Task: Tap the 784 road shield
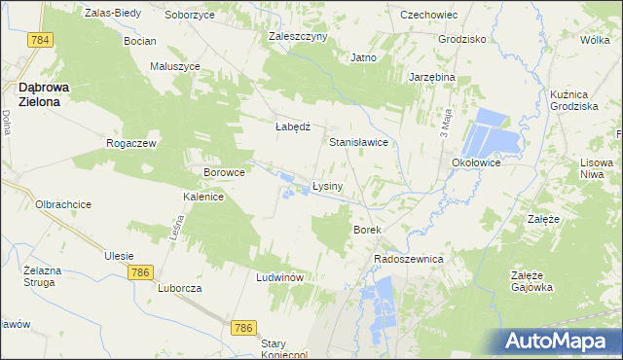(40, 40)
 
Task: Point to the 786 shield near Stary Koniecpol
(243, 329)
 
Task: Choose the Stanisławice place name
(359, 142)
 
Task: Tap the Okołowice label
(475, 163)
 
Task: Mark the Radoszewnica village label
(409, 260)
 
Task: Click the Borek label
(366, 230)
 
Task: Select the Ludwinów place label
(281, 277)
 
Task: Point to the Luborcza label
(179, 289)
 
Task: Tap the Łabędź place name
(292, 126)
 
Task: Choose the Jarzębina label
(432, 77)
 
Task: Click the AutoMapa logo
(562, 342)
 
